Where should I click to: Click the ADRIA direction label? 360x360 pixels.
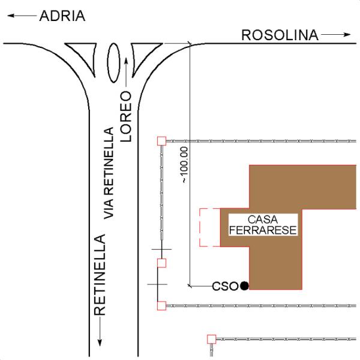click(x=62, y=16)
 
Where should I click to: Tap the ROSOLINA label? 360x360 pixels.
click(x=280, y=35)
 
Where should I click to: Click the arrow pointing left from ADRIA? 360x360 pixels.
click(x=22, y=16)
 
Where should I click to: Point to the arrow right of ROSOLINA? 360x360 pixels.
click(x=335, y=35)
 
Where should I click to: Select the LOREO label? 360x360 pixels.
click(x=126, y=116)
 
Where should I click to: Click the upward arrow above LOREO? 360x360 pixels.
click(x=126, y=73)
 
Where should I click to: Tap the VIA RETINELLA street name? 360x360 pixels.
click(x=109, y=173)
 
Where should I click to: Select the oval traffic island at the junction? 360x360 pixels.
click(x=113, y=62)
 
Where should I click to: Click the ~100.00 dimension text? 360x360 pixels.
click(x=185, y=164)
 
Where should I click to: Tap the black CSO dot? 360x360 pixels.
click(x=244, y=286)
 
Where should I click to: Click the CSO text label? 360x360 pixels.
click(x=225, y=286)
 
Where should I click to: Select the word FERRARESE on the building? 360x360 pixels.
click(x=263, y=230)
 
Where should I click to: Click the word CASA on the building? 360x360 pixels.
click(x=263, y=220)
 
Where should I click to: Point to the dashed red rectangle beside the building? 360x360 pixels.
click(x=200, y=227)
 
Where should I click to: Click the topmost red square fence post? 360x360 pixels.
click(x=161, y=141)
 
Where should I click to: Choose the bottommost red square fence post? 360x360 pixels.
click(x=211, y=339)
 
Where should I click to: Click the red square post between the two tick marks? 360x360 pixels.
click(x=161, y=263)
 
